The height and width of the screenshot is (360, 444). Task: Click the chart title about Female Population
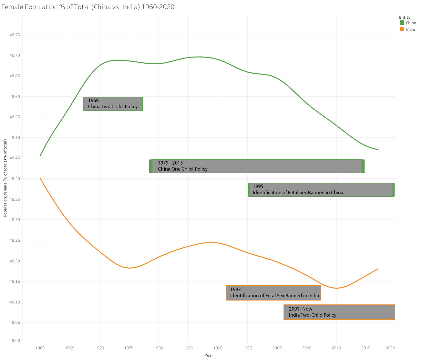click(x=88, y=7)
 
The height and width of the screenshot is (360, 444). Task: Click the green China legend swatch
click(x=402, y=23)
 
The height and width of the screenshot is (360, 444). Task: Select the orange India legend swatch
click(x=402, y=29)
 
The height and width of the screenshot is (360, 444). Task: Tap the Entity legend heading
click(x=405, y=17)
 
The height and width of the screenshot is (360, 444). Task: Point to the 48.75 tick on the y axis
click(x=15, y=35)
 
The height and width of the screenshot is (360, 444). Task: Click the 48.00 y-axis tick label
click(x=15, y=341)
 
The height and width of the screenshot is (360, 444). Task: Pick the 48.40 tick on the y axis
click(x=15, y=179)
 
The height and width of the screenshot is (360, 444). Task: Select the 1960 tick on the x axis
click(x=40, y=348)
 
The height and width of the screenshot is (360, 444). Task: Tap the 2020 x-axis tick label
click(x=390, y=348)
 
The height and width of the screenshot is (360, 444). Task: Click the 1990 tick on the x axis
click(x=218, y=348)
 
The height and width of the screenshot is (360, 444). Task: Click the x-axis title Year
click(x=209, y=355)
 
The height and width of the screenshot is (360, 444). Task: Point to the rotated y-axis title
click(x=5, y=178)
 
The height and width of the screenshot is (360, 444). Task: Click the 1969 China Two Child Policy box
click(x=113, y=104)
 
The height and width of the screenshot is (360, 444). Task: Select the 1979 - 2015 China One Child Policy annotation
click(x=257, y=166)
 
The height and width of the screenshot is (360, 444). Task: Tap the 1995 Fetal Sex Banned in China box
click(x=321, y=190)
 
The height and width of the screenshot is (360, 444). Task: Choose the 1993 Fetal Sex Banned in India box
click(x=274, y=293)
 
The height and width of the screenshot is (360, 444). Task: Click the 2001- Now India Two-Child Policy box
click(x=339, y=312)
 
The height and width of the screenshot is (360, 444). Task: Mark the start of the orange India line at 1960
click(x=40, y=178)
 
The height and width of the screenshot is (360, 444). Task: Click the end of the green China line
click(x=378, y=150)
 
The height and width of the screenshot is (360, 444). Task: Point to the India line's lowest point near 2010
click(x=336, y=288)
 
